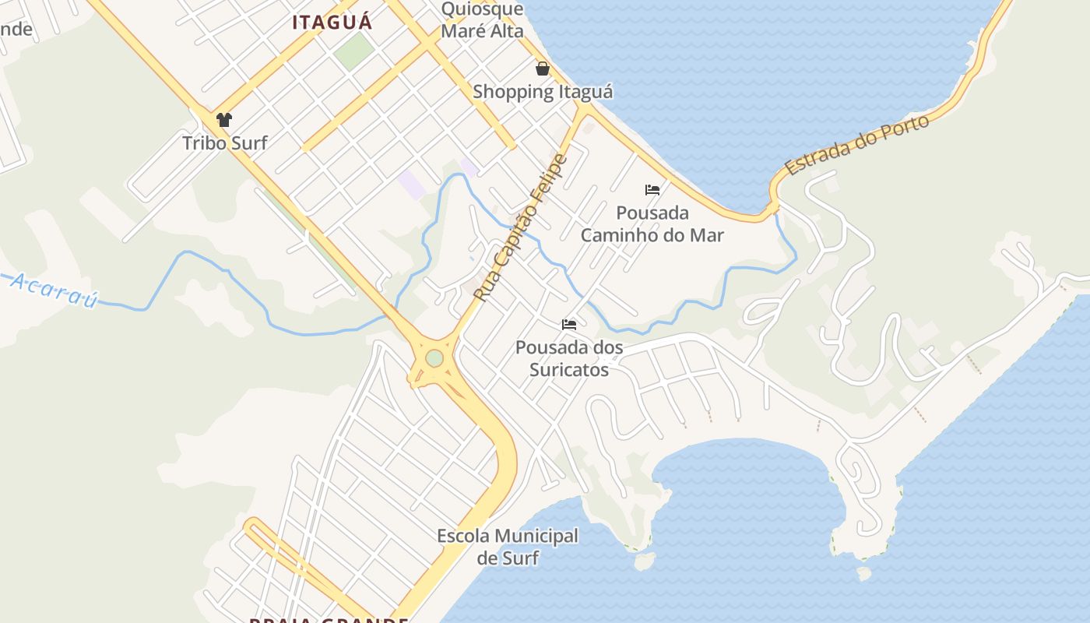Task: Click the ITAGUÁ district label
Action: (332, 22)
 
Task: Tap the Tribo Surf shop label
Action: (224, 143)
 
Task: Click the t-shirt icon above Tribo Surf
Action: (224, 120)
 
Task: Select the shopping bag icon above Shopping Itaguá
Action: (543, 69)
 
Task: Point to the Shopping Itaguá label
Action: (543, 92)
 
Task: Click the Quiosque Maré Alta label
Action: (482, 20)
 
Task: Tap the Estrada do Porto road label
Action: (857, 146)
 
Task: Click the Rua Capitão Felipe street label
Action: (521, 228)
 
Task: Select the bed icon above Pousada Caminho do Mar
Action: (652, 190)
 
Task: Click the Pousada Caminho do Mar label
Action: (652, 224)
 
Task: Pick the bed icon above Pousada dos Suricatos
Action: (569, 324)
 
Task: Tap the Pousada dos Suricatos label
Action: (569, 358)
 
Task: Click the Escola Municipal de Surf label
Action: (508, 547)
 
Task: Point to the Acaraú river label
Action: (54, 290)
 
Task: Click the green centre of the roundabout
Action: (434, 358)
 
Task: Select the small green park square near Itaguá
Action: (354, 51)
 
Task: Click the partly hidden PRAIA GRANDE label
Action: (329, 620)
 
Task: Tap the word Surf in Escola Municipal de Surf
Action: (520, 558)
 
